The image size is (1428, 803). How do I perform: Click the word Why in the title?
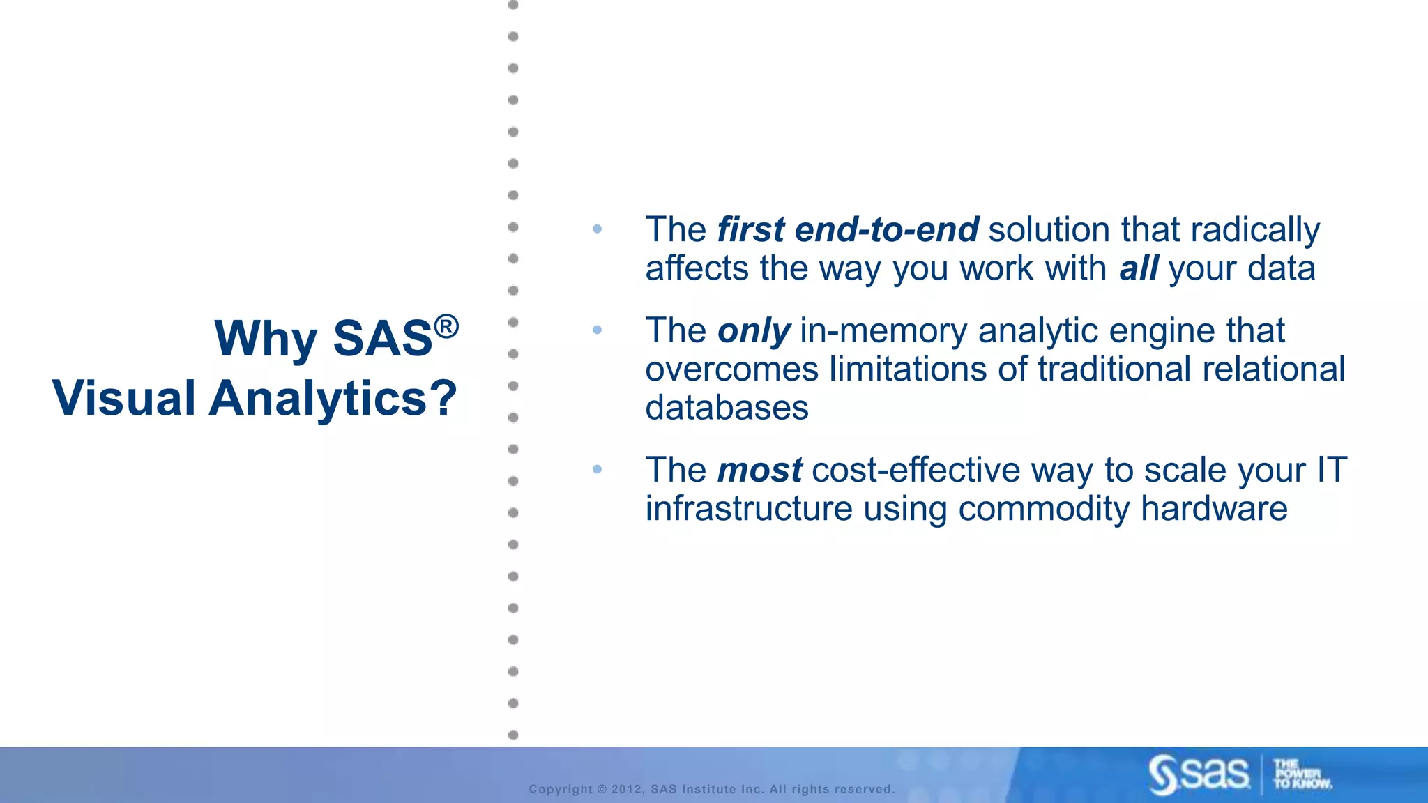(x=265, y=339)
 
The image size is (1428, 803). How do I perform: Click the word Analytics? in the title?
(x=333, y=399)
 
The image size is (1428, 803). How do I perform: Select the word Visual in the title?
(x=124, y=399)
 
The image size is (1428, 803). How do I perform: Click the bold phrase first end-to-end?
(x=848, y=230)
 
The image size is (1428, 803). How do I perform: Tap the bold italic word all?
(x=1139, y=269)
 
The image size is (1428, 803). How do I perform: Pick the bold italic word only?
(x=754, y=331)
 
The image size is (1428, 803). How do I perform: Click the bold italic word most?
(x=759, y=471)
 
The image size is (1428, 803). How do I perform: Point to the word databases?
(x=727, y=408)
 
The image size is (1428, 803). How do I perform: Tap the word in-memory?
(x=883, y=331)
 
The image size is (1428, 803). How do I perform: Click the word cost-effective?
(x=916, y=471)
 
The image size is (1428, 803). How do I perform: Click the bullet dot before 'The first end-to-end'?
(x=597, y=229)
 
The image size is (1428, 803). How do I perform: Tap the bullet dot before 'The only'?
(x=597, y=330)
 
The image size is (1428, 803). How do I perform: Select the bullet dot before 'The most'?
(x=597, y=469)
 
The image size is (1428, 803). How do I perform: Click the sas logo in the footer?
(x=1199, y=774)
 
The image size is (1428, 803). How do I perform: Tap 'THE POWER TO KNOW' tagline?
(x=1301, y=774)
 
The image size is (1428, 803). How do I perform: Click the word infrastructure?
(x=749, y=509)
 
